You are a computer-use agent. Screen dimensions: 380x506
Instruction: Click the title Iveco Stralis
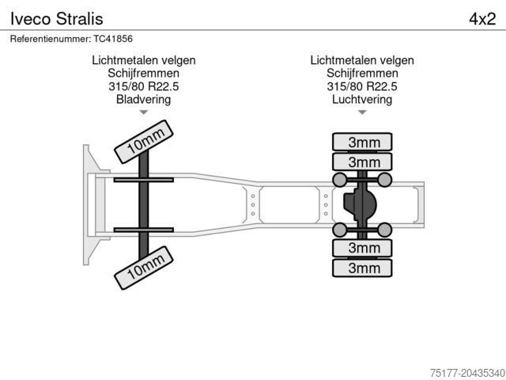coord(56,18)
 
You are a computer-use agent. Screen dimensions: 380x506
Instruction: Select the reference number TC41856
coord(71,39)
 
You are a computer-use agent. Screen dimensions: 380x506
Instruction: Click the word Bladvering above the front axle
coord(143,100)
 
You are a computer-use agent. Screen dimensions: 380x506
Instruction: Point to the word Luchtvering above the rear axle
coord(362,100)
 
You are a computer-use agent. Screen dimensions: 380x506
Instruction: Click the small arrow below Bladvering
coord(143,113)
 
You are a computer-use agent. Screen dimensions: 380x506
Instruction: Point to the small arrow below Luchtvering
coord(362,113)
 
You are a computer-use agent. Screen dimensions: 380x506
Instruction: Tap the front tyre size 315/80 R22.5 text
coord(143,86)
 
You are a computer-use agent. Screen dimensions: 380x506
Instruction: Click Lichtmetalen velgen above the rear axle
coord(362,59)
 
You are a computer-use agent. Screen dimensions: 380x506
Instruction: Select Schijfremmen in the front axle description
coord(143,73)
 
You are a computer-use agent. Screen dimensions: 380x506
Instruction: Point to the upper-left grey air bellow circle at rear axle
coord(340,181)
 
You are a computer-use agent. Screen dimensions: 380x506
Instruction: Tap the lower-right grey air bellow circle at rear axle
coord(385,230)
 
